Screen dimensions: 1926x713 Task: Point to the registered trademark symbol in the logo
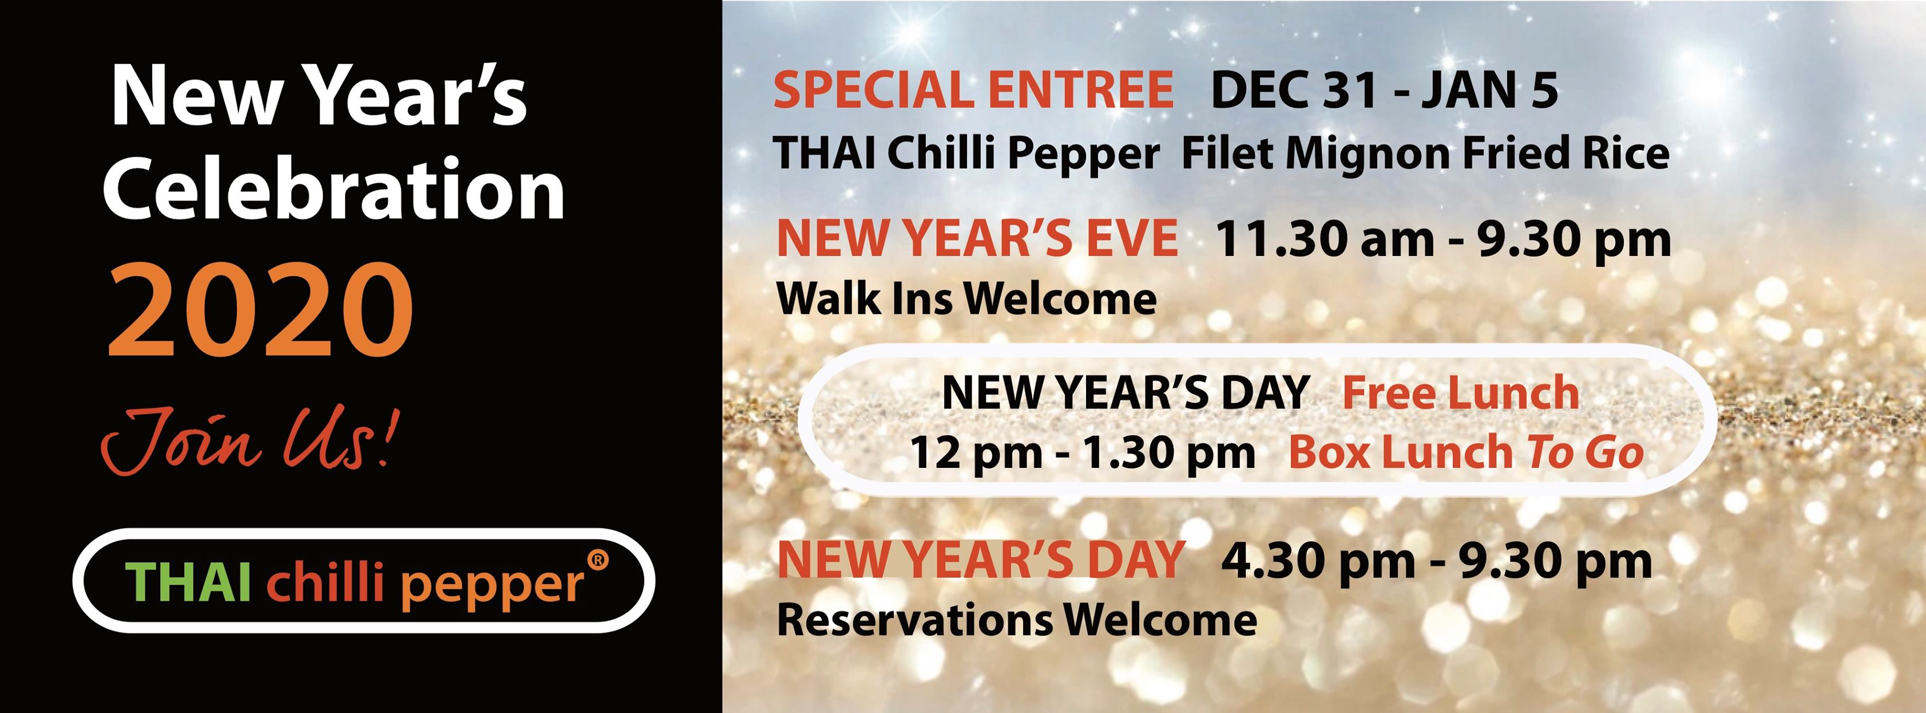tap(598, 560)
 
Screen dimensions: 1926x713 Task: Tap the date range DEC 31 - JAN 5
tap(1385, 90)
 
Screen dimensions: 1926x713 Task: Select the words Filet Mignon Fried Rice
tap(1425, 154)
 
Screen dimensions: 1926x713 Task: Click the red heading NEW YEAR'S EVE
tap(977, 239)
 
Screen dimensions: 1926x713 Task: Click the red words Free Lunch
tap(1461, 393)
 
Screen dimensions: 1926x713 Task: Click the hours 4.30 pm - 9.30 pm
tap(1436, 562)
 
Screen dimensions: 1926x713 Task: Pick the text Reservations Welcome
tap(1017, 620)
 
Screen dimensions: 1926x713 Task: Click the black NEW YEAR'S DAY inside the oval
tap(1126, 393)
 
